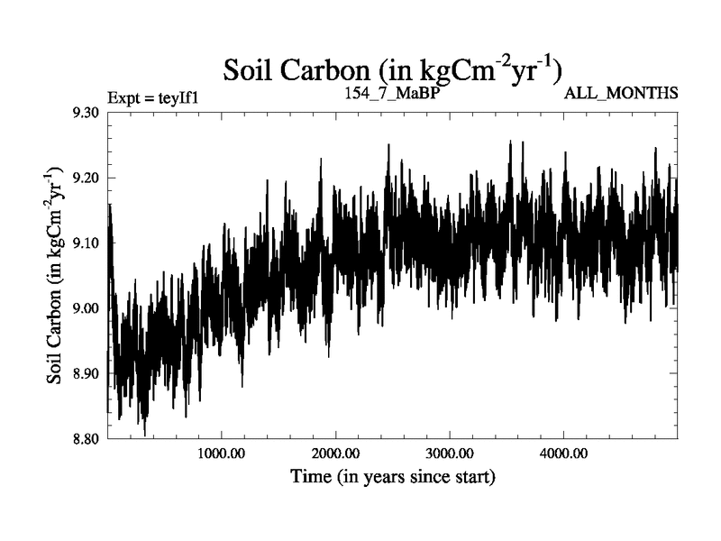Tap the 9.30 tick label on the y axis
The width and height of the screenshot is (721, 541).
tap(85, 113)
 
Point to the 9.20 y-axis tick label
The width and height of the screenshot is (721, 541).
tap(85, 178)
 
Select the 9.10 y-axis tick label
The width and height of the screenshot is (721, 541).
tap(85, 243)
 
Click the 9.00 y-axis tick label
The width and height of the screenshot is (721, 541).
tap(85, 308)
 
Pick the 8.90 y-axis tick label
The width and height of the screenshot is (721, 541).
tap(85, 373)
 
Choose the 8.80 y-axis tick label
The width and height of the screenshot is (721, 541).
tap(85, 439)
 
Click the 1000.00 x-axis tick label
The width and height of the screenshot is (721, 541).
tap(221, 454)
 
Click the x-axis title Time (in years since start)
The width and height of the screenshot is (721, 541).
tap(392, 476)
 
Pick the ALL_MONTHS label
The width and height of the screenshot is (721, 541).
tap(621, 93)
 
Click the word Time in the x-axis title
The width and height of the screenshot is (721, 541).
tap(310, 476)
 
